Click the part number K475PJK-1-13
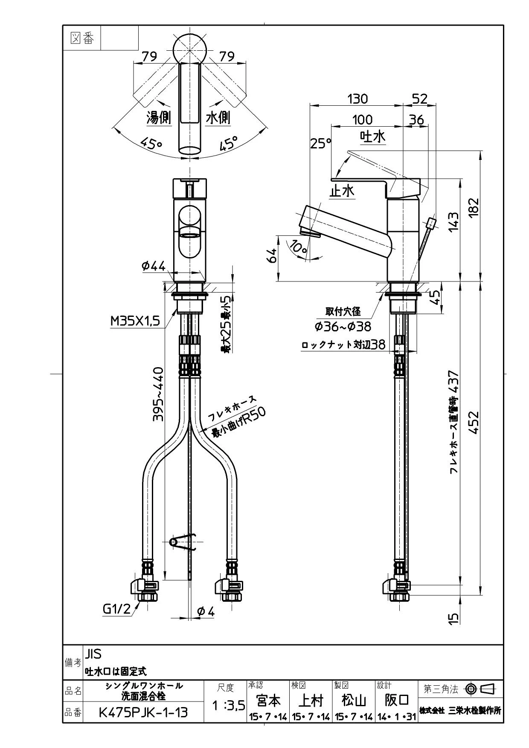[143, 712]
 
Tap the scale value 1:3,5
[228, 706]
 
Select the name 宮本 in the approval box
[268, 700]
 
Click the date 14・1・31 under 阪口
[397, 717]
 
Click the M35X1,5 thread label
[136, 321]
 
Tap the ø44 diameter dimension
[154, 266]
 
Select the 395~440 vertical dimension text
[159, 394]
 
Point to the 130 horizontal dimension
[358, 99]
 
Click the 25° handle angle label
[321, 144]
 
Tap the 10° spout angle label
[299, 247]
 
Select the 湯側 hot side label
[159, 118]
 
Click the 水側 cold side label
[218, 118]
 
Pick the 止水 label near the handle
[342, 191]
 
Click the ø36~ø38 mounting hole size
[343, 326]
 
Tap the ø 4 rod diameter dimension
[206, 612]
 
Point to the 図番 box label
[82, 38]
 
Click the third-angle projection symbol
[480, 689]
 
